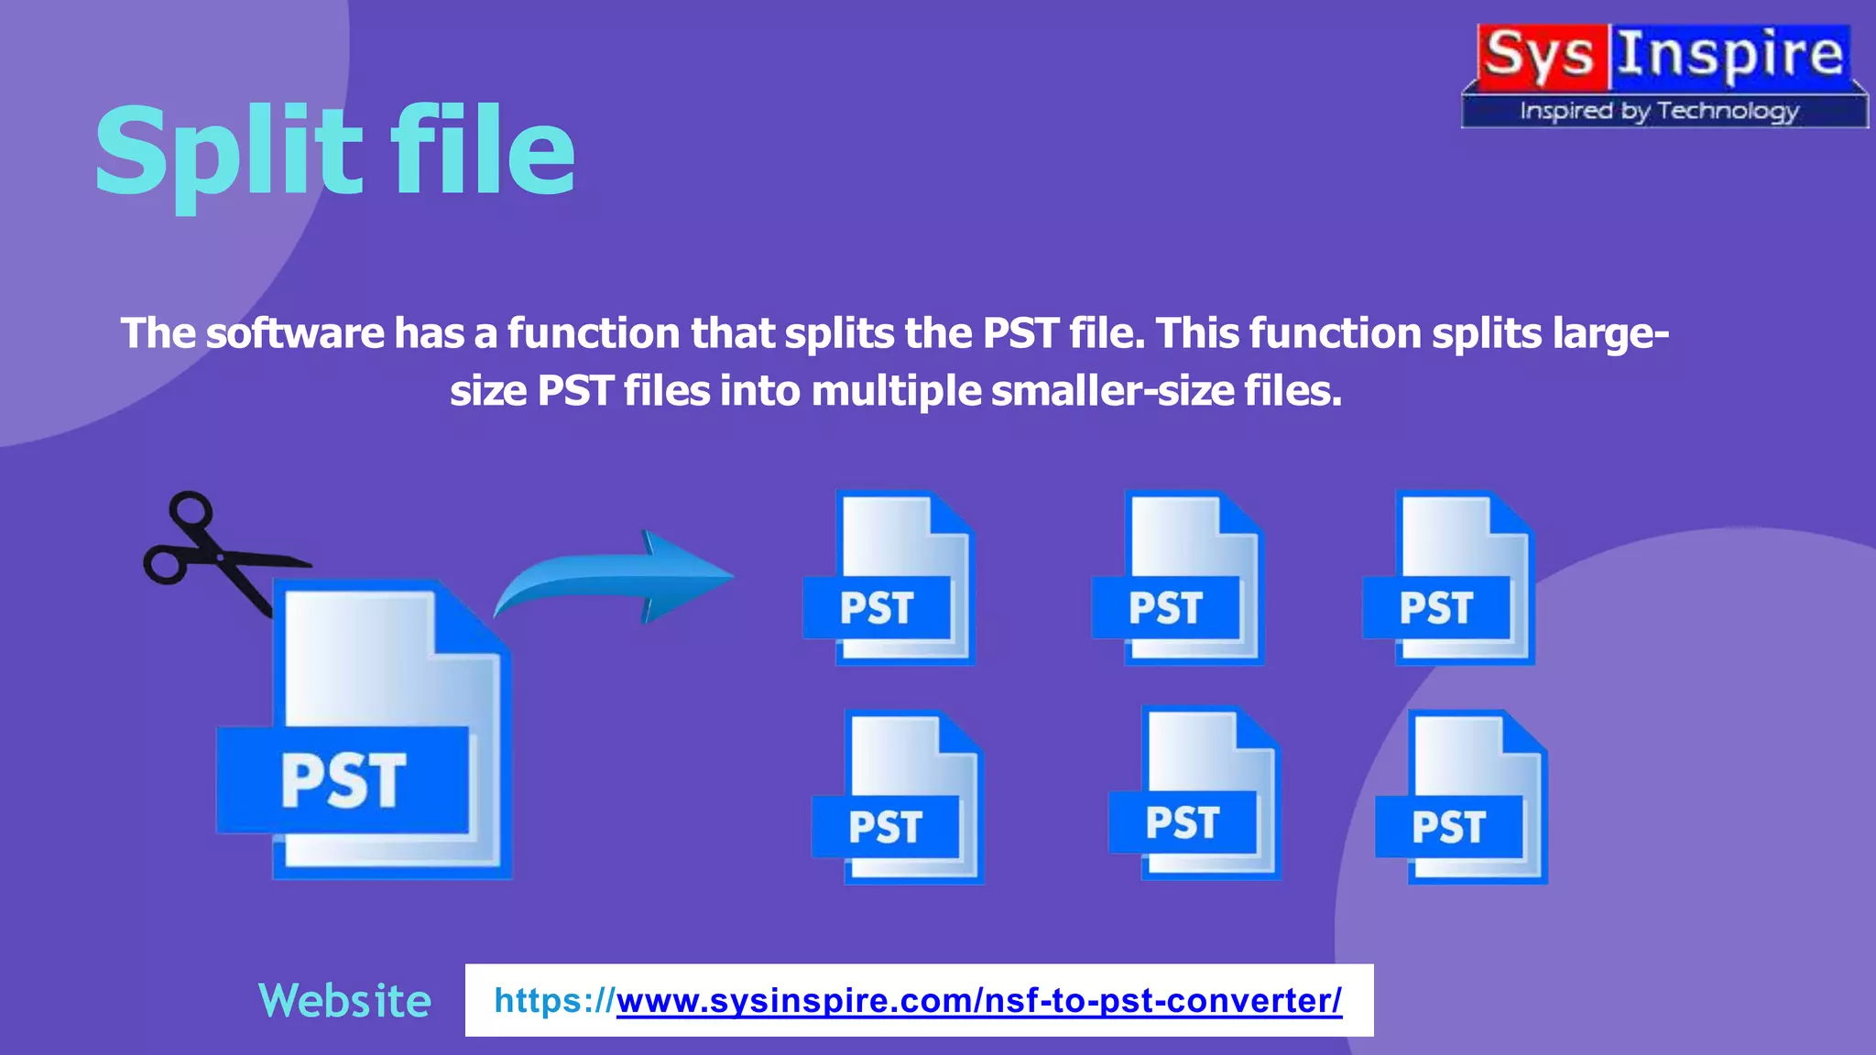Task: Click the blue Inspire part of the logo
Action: click(1729, 55)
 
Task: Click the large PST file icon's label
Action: click(344, 780)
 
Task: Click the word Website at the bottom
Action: click(344, 1000)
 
